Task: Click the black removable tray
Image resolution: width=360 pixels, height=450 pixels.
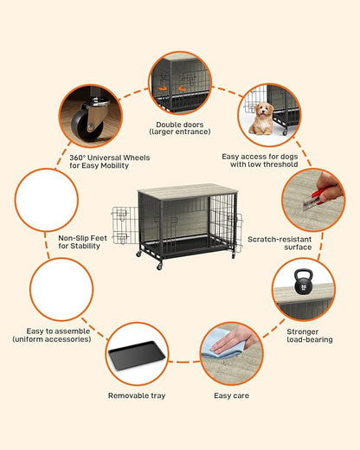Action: pos(136,354)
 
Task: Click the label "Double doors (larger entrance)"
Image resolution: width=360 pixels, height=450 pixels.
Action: pos(180,128)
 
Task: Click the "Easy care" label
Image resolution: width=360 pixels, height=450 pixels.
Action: pos(232,395)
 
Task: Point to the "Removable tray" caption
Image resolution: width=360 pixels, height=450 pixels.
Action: pos(136,395)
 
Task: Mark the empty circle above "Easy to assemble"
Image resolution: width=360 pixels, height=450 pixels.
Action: pos(61,290)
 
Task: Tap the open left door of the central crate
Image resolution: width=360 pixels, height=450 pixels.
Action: pos(120,226)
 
